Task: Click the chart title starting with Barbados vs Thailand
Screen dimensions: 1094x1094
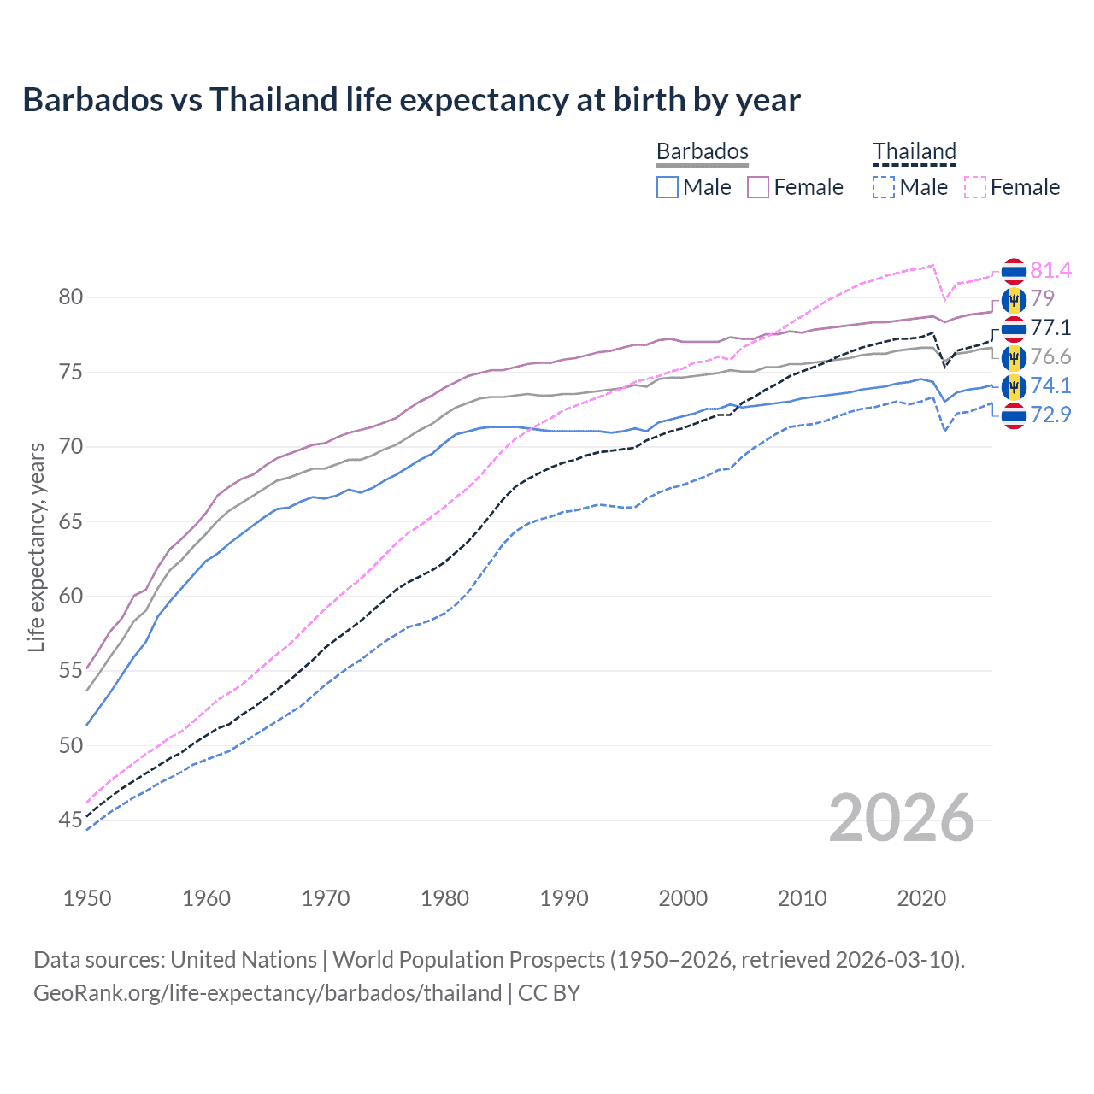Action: (411, 100)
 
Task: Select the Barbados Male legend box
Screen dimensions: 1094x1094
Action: (668, 187)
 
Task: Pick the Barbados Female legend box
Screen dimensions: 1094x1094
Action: (758, 187)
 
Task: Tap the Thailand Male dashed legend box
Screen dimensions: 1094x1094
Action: (884, 187)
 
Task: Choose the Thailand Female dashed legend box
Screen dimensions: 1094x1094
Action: (975, 187)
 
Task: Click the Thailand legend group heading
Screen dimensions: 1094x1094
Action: (914, 151)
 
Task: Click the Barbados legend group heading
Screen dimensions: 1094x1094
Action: (702, 151)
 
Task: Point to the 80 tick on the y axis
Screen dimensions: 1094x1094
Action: (71, 297)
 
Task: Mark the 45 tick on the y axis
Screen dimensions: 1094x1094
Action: (71, 820)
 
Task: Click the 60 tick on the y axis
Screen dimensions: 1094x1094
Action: (71, 597)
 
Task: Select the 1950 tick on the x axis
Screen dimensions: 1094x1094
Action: (87, 898)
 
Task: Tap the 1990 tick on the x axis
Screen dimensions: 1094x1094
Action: (564, 898)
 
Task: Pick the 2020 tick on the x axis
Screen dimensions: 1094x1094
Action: (921, 898)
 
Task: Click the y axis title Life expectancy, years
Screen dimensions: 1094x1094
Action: (36, 547)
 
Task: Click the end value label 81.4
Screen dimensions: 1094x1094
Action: (1050, 271)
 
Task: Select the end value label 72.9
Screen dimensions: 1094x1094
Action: (1050, 415)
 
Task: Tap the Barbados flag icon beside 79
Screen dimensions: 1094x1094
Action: (1014, 300)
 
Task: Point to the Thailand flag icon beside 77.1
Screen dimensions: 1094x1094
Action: (1014, 328)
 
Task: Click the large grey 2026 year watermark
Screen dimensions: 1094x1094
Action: (901, 818)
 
